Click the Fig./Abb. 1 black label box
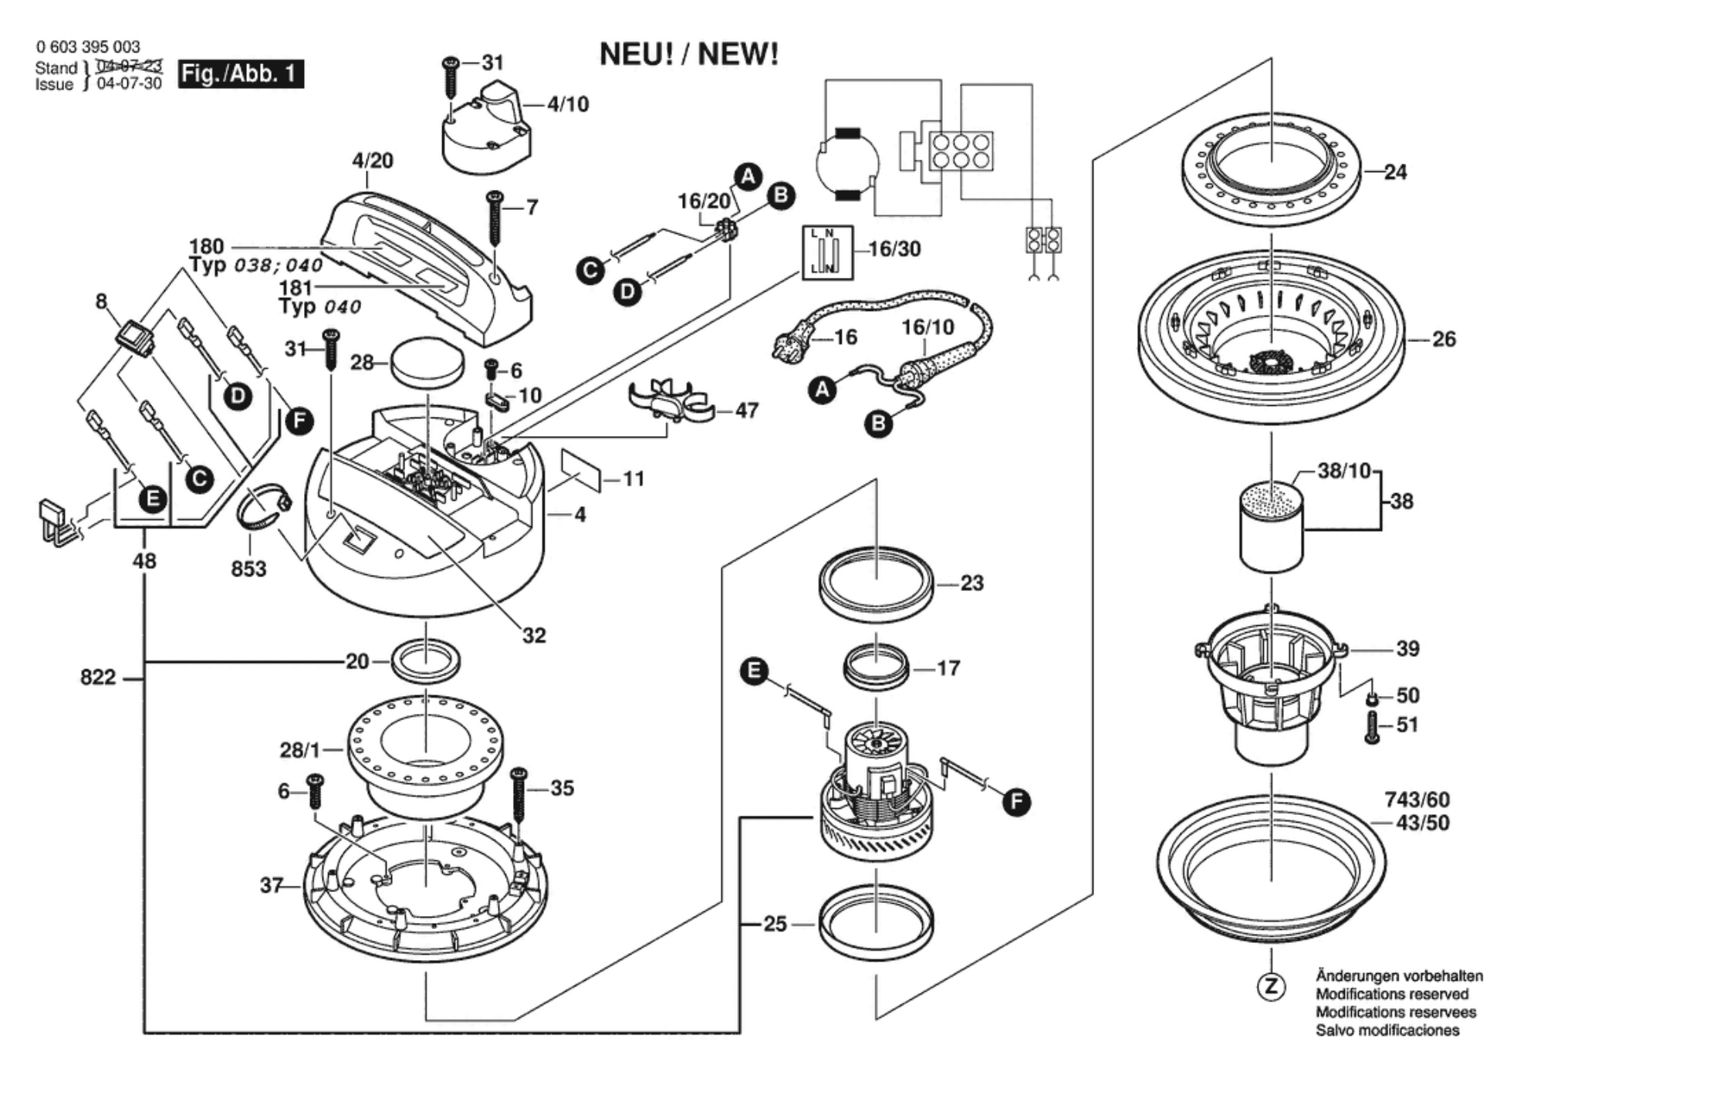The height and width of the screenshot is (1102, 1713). pyautogui.click(x=241, y=73)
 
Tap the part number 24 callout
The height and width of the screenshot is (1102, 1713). pyautogui.click(x=1395, y=171)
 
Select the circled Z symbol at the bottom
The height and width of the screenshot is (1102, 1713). pyautogui.click(x=1272, y=986)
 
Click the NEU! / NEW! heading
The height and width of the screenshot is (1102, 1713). pyautogui.click(x=689, y=55)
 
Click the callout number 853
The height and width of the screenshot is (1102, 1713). pyautogui.click(x=248, y=569)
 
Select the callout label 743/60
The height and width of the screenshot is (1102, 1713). pyautogui.click(x=1417, y=799)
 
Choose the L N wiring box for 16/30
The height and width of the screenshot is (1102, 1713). pyautogui.click(x=827, y=252)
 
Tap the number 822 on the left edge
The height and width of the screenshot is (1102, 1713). pyautogui.click(x=98, y=678)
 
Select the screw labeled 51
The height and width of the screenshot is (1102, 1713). pyautogui.click(x=1372, y=727)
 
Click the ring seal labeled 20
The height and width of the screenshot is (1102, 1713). pyautogui.click(x=427, y=661)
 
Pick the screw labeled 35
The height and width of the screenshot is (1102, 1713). pyautogui.click(x=519, y=796)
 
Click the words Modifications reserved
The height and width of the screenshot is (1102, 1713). pyautogui.click(x=1392, y=994)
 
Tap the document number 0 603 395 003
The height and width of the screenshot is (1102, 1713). pyautogui.click(x=88, y=47)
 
